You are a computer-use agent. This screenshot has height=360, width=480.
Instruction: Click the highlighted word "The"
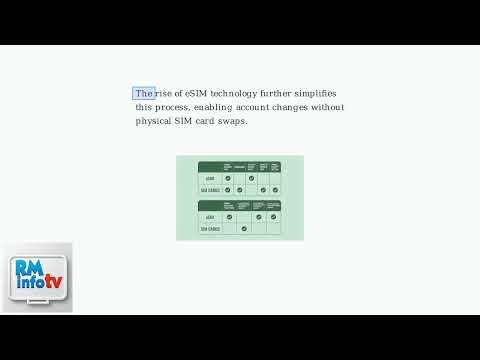pyautogui.click(x=144, y=93)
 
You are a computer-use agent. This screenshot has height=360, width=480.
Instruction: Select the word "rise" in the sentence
pyautogui.click(x=164, y=93)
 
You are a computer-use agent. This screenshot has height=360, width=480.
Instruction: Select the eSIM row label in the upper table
pyautogui.click(x=210, y=178)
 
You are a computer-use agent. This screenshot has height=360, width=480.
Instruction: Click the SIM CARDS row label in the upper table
pyautogui.click(x=210, y=189)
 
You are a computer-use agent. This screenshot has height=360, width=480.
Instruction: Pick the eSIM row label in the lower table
pyautogui.click(x=210, y=216)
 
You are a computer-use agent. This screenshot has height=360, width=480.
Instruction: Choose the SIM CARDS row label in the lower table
pyautogui.click(x=210, y=228)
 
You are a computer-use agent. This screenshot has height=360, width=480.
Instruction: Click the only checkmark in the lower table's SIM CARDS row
pyautogui.click(x=244, y=228)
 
